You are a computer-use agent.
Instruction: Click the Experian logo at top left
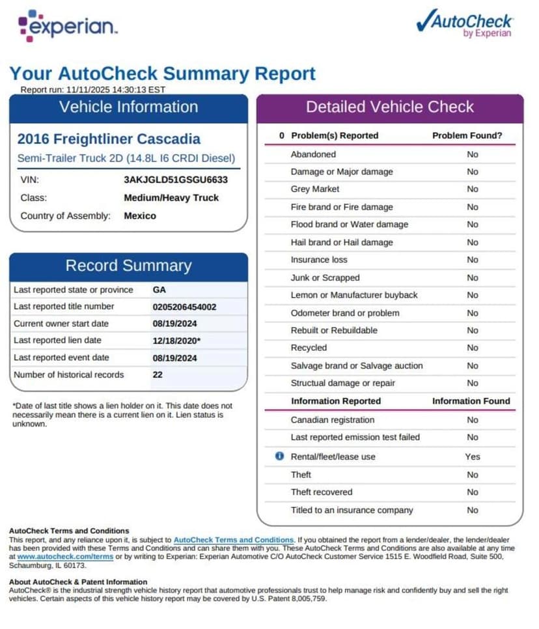pos(68,26)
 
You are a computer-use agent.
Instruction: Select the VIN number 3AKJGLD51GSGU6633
pos(176,180)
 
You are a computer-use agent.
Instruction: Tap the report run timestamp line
pos(93,90)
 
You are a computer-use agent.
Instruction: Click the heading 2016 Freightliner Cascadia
pos(109,139)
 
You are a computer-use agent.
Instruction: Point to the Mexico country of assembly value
pos(140,216)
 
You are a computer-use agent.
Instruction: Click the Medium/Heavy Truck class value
pos(171,198)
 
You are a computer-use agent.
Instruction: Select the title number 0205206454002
pos(184,307)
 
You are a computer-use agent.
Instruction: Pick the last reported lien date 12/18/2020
pos(176,341)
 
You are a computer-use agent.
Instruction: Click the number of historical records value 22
pos(158,374)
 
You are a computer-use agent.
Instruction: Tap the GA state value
pos(159,290)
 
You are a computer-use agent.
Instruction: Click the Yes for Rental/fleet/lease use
pos(472,456)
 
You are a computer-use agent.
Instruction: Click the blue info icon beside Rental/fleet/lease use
pos(279,456)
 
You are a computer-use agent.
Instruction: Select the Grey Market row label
pos(315,189)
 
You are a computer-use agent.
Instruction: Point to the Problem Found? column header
pos(467,135)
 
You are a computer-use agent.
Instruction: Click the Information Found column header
pos(471,401)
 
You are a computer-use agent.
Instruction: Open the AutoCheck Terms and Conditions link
pos(234,540)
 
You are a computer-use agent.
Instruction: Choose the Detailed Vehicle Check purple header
pos(390,107)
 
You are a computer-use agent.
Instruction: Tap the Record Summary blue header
pos(128,266)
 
